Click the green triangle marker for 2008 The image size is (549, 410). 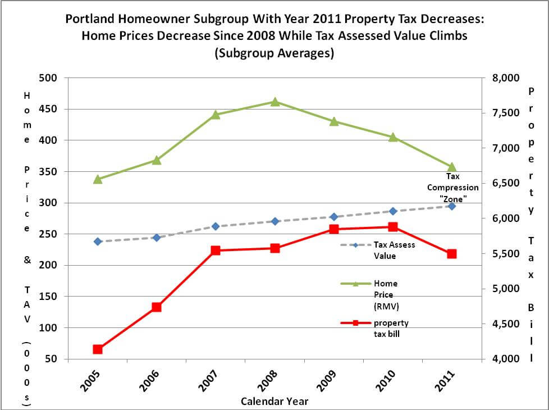[x=274, y=102]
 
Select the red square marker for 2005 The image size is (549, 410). [x=98, y=349]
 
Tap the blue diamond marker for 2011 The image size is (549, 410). [x=451, y=206]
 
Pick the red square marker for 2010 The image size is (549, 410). [x=392, y=227]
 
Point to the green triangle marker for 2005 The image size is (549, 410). [x=98, y=179]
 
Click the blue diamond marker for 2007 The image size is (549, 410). [x=216, y=226]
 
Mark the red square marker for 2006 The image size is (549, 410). [x=157, y=307]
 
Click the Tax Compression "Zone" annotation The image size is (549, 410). [x=453, y=188]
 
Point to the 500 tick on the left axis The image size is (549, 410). [x=51, y=78]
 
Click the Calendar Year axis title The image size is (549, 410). [x=274, y=402]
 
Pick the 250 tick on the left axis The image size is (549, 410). [x=51, y=234]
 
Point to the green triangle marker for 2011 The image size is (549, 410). [x=451, y=167]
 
